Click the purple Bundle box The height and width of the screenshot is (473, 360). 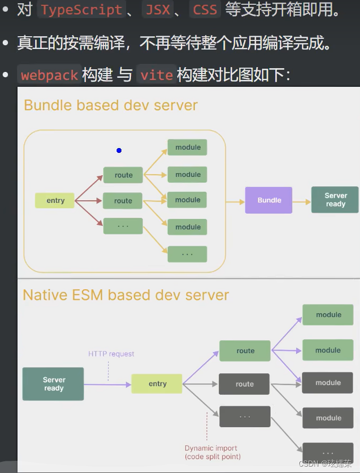click(268, 200)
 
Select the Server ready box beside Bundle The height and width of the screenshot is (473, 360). click(335, 200)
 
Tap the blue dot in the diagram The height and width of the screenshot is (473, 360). click(119, 150)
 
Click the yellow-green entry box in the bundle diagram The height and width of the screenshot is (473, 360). click(55, 200)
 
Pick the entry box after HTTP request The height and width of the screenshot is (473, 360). click(157, 384)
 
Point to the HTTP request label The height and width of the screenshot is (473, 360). click(111, 354)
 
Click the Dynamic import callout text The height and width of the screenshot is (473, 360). click(212, 452)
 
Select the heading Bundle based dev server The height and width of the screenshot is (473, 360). click(111, 105)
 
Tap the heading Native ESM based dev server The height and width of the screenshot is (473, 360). click(126, 295)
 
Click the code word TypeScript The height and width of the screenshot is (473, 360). click(81, 10)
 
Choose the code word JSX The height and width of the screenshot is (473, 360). click(158, 10)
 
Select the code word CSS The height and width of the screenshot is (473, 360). click(204, 10)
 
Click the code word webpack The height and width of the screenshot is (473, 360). click(50, 75)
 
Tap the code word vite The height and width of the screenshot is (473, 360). click(157, 75)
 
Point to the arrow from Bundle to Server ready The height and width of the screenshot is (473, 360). click(301, 201)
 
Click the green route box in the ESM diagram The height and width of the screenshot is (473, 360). click(245, 351)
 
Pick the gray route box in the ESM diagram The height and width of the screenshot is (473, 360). click(244, 384)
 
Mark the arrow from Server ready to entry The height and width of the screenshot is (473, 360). click(108, 385)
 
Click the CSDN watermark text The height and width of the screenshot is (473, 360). click(325, 463)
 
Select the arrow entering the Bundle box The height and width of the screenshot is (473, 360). click(235, 202)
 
